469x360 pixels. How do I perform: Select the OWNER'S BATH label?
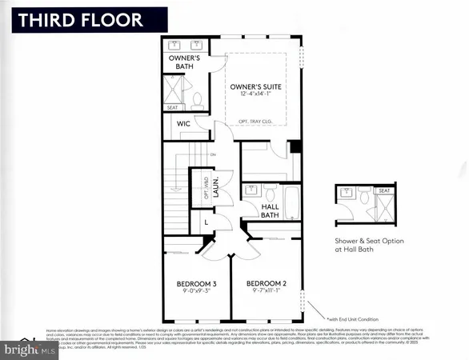(x=182, y=62)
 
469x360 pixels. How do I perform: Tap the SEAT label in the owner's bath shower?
(x=173, y=107)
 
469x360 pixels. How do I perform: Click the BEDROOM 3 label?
(x=196, y=284)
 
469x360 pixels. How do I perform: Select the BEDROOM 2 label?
(x=267, y=284)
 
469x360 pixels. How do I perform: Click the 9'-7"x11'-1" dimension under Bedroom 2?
(x=267, y=293)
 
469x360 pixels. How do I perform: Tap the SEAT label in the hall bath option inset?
(x=385, y=190)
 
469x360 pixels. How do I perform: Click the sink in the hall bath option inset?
(x=347, y=193)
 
